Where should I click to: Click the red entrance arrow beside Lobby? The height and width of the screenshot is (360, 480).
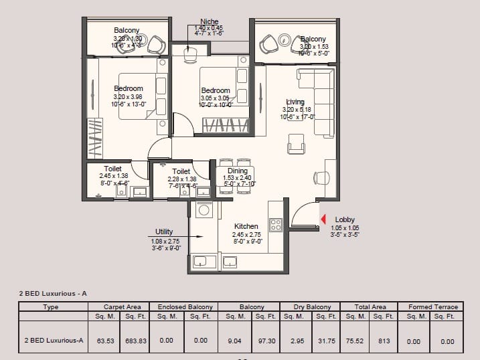(x=323, y=219)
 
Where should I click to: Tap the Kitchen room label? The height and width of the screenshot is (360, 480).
(x=246, y=227)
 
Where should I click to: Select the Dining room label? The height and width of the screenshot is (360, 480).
(x=237, y=171)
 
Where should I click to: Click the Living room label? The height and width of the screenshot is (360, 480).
(x=295, y=102)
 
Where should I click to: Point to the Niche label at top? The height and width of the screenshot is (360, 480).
(x=209, y=22)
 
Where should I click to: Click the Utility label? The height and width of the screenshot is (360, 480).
(x=165, y=231)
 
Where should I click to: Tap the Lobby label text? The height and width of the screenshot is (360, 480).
(x=345, y=219)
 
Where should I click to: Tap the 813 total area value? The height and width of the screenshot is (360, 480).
(x=384, y=341)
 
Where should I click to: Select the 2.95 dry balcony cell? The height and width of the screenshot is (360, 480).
(x=298, y=341)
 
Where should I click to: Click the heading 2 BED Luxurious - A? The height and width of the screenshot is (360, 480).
(x=54, y=293)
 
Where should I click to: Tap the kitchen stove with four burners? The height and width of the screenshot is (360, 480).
(x=275, y=223)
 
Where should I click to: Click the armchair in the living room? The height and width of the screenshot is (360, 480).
(x=296, y=144)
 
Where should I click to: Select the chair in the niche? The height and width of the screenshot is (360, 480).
(x=189, y=53)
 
